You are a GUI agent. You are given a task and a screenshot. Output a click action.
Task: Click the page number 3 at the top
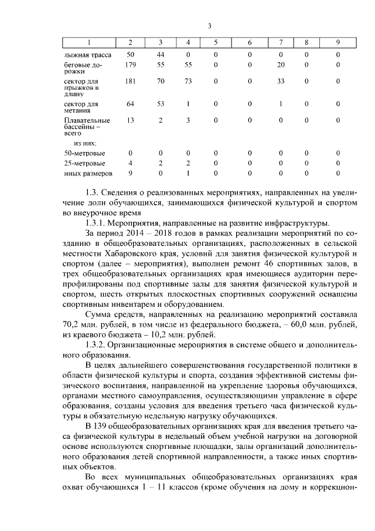(209, 25)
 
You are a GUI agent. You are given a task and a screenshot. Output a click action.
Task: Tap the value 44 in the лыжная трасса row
(161, 55)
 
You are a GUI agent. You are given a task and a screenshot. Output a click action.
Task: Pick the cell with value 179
(130, 65)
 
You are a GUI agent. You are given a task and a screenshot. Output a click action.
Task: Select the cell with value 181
(130, 82)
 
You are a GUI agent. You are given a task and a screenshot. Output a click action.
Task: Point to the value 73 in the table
(188, 82)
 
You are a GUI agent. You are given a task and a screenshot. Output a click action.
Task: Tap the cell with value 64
(130, 104)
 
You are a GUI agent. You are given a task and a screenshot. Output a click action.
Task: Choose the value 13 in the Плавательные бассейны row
(130, 120)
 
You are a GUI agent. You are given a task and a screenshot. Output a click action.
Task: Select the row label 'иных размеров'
(87, 174)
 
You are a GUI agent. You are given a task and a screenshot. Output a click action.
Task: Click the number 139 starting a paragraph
(103, 426)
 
